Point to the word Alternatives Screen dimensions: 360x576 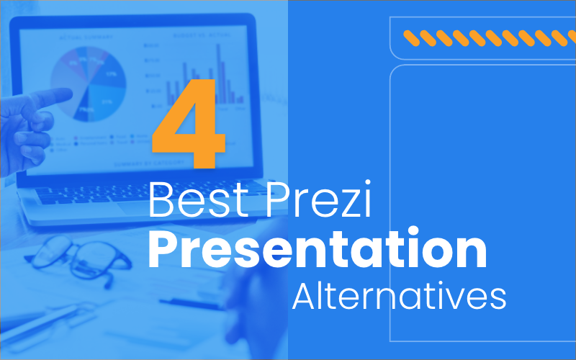(x=399, y=296)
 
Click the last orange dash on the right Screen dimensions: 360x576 (x=569, y=36)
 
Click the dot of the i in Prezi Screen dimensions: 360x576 (x=366, y=186)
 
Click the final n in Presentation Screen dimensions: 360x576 (x=471, y=253)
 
